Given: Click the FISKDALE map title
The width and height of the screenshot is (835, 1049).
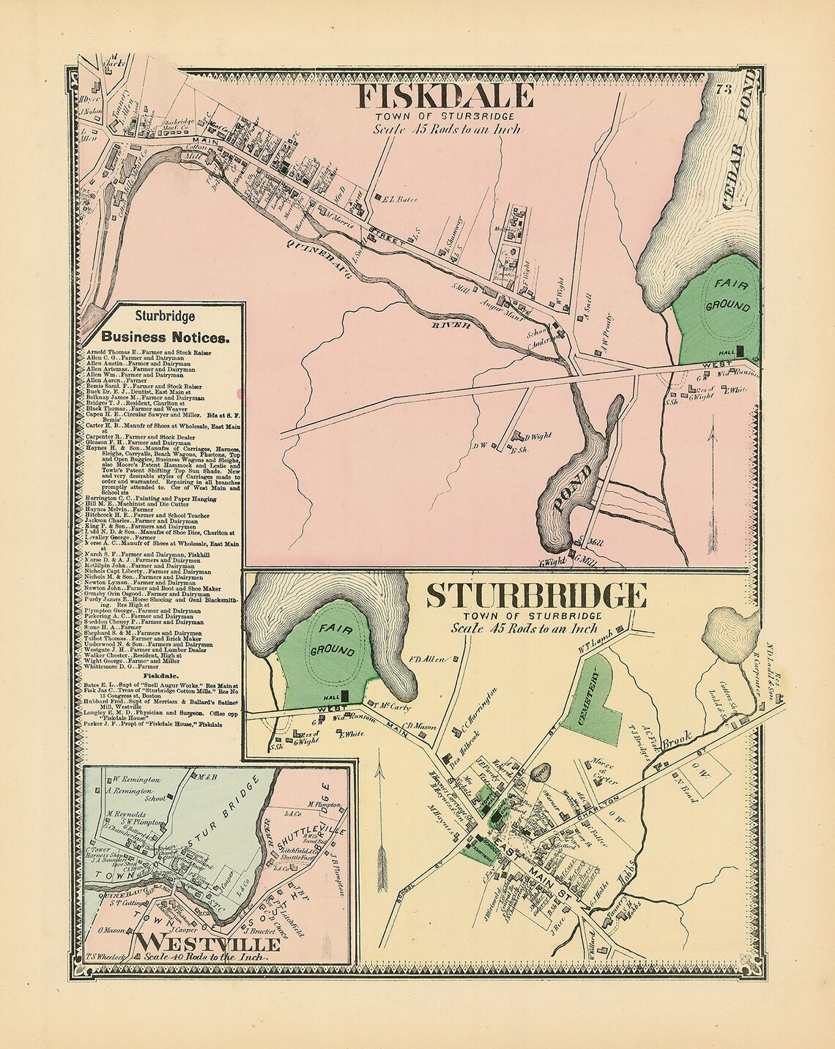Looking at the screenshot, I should tap(445, 96).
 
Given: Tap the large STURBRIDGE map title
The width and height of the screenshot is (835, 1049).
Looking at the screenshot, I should tap(535, 596).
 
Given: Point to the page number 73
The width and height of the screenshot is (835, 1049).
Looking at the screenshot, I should tap(724, 89).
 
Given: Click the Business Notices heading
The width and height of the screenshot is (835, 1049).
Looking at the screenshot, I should tap(165, 337).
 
